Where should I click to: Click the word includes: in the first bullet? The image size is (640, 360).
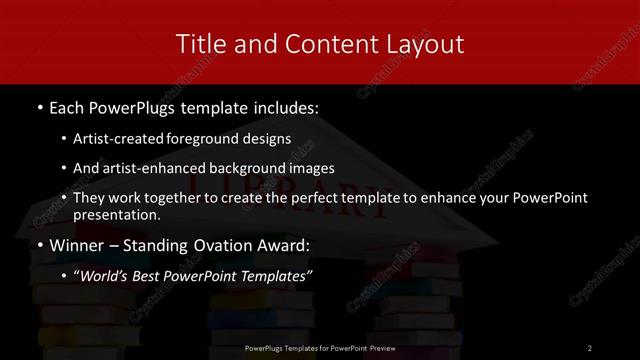[288, 107]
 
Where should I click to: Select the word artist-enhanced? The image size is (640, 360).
[156, 168]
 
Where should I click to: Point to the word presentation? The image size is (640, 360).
[117, 215]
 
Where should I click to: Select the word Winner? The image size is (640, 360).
[76, 246]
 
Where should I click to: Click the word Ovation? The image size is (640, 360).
[212, 246]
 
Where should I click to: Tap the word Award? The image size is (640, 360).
[283, 246]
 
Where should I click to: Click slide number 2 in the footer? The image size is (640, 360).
[590, 347]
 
